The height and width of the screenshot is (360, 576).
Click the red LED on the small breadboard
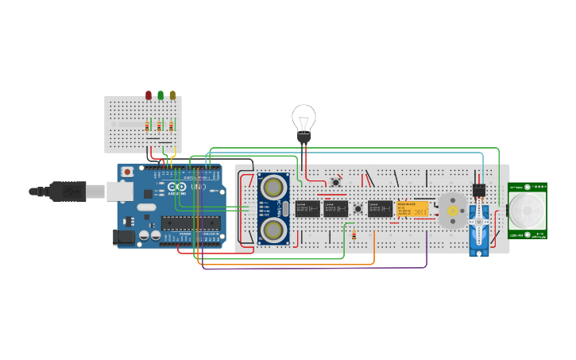(x=149, y=95)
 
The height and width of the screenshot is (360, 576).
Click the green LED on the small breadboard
(x=160, y=95)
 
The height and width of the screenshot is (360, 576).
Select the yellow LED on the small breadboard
(x=172, y=95)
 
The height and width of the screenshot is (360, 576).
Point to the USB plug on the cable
(x=68, y=191)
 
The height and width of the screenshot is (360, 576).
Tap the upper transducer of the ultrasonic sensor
(x=273, y=188)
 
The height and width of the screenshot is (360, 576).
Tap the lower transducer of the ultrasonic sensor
(x=273, y=230)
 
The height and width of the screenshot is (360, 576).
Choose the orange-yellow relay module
(x=413, y=209)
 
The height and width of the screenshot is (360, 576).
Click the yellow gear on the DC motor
(x=454, y=211)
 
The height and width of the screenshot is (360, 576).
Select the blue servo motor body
(x=478, y=226)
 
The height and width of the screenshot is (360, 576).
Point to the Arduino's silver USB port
(x=119, y=191)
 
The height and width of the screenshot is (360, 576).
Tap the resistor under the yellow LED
(x=171, y=126)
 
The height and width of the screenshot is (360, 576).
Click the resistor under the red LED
(x=148, y=126)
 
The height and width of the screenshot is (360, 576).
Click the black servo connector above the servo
(x=479, y=190)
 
